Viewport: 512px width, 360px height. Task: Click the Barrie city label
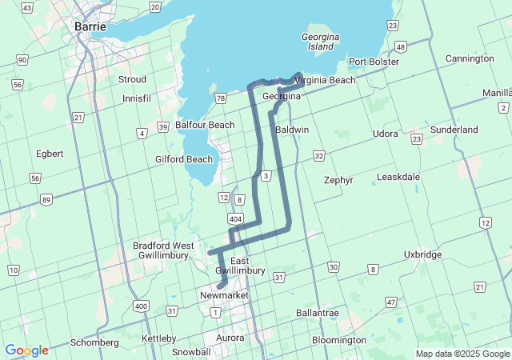tap(90, 26)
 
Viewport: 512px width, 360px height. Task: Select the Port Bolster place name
tap(373, 62)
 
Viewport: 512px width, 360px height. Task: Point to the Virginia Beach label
tap(325, 80)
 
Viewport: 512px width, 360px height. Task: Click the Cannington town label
tap(470, 58)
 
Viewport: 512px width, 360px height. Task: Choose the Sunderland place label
tap(454, 130)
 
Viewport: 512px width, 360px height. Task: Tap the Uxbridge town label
tap(422, 254)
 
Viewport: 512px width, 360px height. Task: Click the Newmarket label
tap(223, 296)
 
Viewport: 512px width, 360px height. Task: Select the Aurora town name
tap(230, 338)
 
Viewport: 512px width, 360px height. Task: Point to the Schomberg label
tap(94, 342)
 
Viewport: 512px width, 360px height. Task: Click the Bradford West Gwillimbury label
tap(163, 250)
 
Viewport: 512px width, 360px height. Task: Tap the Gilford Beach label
tap(184, 159)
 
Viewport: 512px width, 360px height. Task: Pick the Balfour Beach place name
tap(205, 125)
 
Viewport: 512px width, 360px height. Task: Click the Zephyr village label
tap(338, 180)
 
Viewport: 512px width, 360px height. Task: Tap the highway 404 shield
tap(235, 218)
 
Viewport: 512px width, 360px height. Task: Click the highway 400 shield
tap(142, 306)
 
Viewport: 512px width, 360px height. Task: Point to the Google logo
tap(26, 350)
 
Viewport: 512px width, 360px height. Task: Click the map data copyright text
tap(462, 354)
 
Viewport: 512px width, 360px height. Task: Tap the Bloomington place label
tap(339, 340)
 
